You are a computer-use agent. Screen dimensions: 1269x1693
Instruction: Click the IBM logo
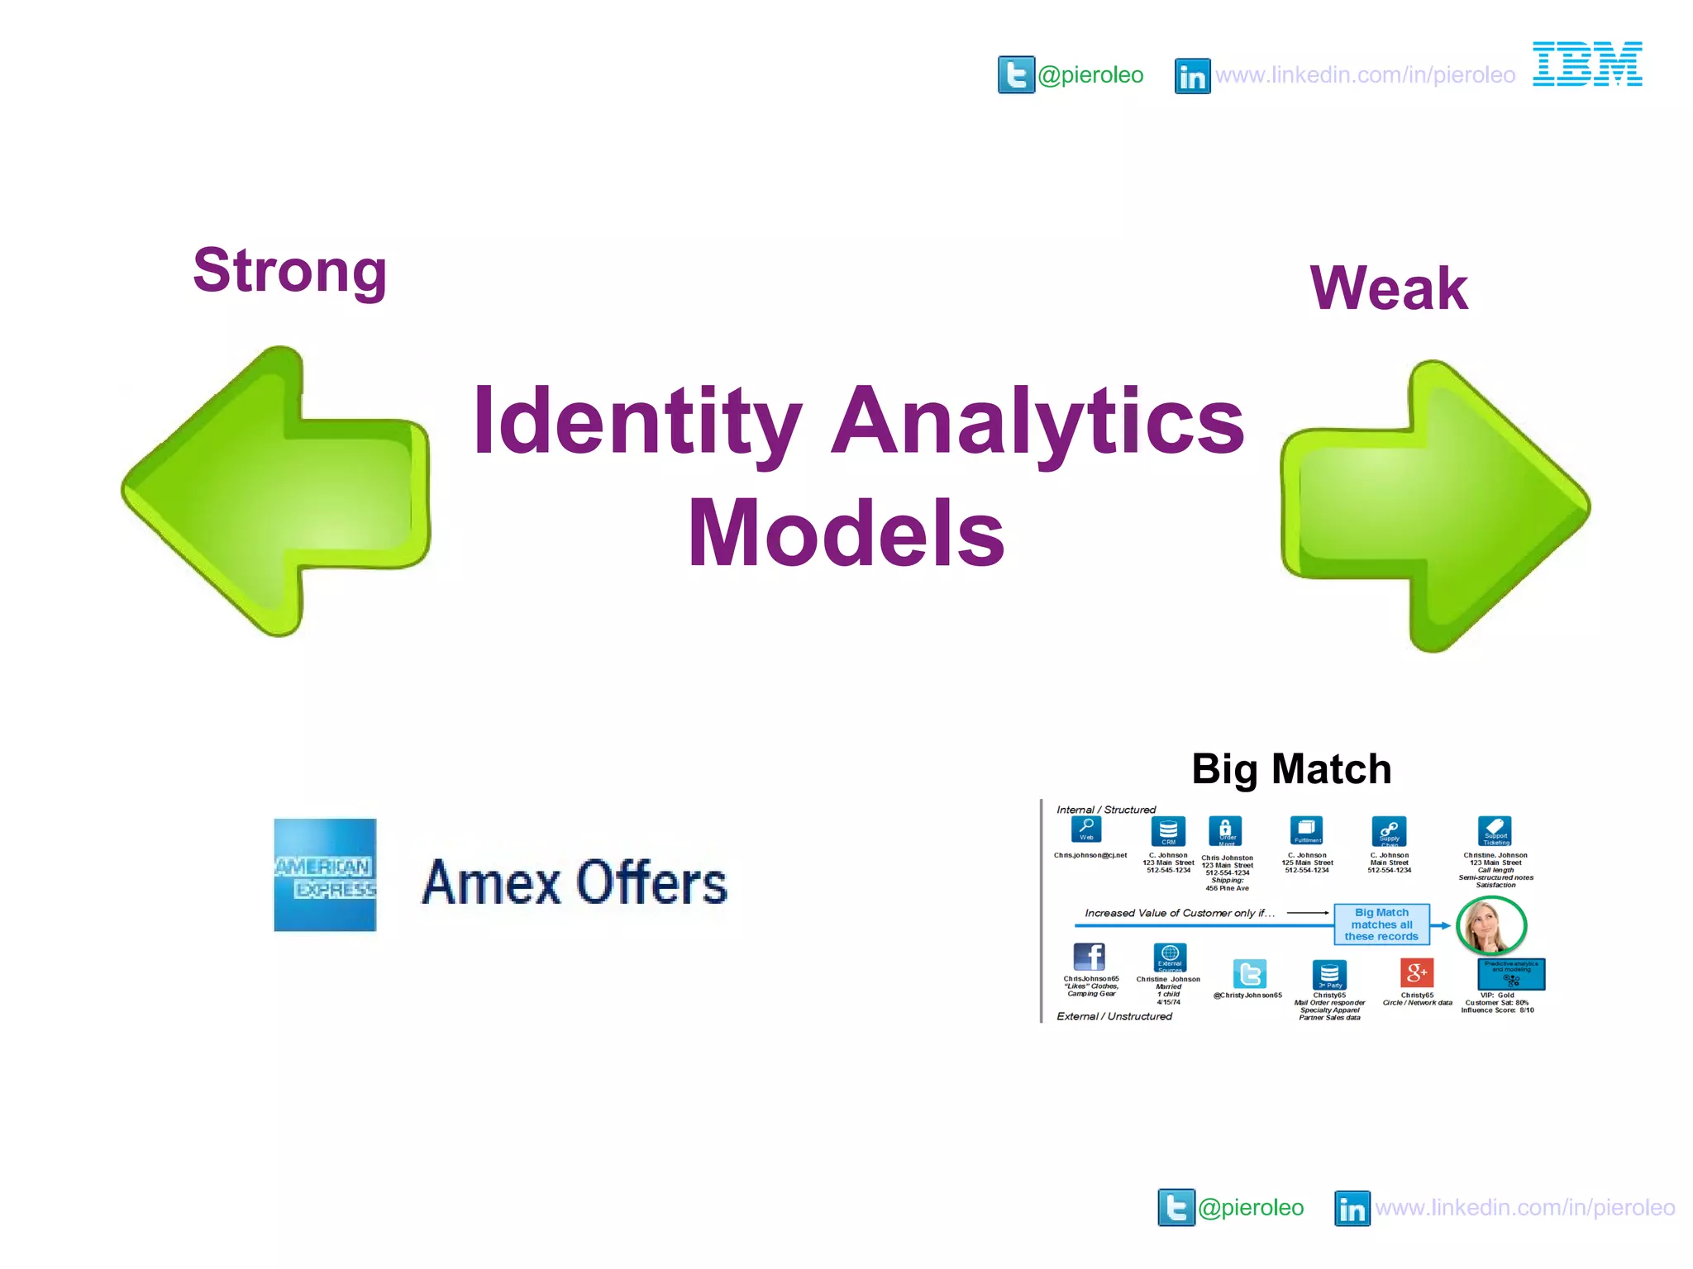tap(1587, 64)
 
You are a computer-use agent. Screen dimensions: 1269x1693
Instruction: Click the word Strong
tap(290, 271)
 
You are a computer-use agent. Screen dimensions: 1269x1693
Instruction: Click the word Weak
tap(1389, 288)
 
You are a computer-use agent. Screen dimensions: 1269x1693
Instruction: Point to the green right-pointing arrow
tap(1435, 506)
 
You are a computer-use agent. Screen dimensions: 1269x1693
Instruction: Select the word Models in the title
tap(846, 533)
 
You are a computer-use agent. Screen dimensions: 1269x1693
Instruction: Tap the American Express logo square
tap(325, 875)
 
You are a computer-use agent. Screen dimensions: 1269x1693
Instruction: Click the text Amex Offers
tap(575, 882)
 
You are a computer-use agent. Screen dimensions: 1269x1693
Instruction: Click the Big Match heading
tap(1291, 769)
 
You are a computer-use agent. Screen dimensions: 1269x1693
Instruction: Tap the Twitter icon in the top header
tap(1016, 75)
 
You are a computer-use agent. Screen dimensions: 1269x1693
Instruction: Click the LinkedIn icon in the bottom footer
tap(1352, 1209)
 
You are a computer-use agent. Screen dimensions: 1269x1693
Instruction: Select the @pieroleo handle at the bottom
tap(1251, 1208)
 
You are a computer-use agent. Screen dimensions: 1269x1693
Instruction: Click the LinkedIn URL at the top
tap(1365, 75)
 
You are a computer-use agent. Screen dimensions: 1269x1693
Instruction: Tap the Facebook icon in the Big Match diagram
tap(1089, 957)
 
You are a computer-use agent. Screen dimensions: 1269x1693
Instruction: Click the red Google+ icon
tap(1416, 972)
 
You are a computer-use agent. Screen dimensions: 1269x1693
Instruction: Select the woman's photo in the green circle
tap(1490, 926)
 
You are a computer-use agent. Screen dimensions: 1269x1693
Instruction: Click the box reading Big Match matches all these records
tap(1381, 924)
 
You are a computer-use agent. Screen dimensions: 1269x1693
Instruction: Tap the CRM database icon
tap(1168, 830)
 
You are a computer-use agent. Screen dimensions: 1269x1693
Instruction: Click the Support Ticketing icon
tap(1495, 830)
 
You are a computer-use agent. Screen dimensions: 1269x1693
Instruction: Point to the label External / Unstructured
tap(1114, 1016)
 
